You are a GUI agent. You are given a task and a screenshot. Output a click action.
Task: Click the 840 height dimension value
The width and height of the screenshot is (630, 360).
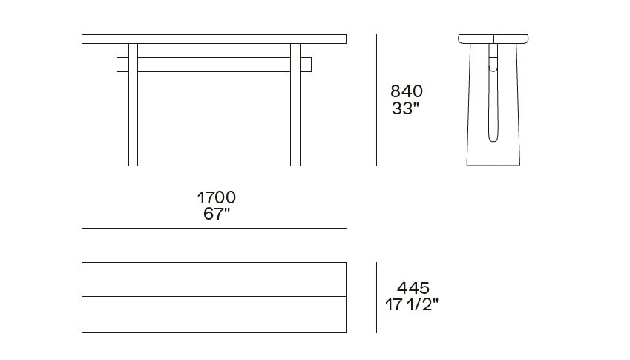click(407, 91)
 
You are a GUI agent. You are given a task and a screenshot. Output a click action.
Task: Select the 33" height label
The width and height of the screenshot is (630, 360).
click(405, 108)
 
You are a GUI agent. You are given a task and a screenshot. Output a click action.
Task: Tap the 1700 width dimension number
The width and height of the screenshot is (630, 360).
click(216, 197)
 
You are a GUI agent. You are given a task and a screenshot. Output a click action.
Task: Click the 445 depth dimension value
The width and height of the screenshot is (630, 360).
click(413, 288)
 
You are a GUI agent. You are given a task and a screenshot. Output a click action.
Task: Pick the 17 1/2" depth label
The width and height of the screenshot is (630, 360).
click(411, 304)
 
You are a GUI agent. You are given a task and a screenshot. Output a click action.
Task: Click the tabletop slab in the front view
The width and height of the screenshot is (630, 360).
click(214, 39)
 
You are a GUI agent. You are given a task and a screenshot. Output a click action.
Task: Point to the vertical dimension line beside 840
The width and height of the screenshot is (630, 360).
click(377, 100)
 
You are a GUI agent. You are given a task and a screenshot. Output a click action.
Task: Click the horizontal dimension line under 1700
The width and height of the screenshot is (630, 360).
click(214, 228)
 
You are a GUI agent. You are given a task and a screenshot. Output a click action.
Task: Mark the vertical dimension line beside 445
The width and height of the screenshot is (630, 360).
click(377, 297)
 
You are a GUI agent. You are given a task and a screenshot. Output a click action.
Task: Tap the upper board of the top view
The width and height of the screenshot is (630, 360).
click(214, 279)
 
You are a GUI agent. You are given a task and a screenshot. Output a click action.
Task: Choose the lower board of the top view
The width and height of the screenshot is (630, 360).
click(214, 315)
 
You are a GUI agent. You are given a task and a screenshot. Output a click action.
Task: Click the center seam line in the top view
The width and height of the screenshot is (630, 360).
click(214, 297)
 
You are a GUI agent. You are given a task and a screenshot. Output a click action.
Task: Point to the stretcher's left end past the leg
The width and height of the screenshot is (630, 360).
click(122, 65)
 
